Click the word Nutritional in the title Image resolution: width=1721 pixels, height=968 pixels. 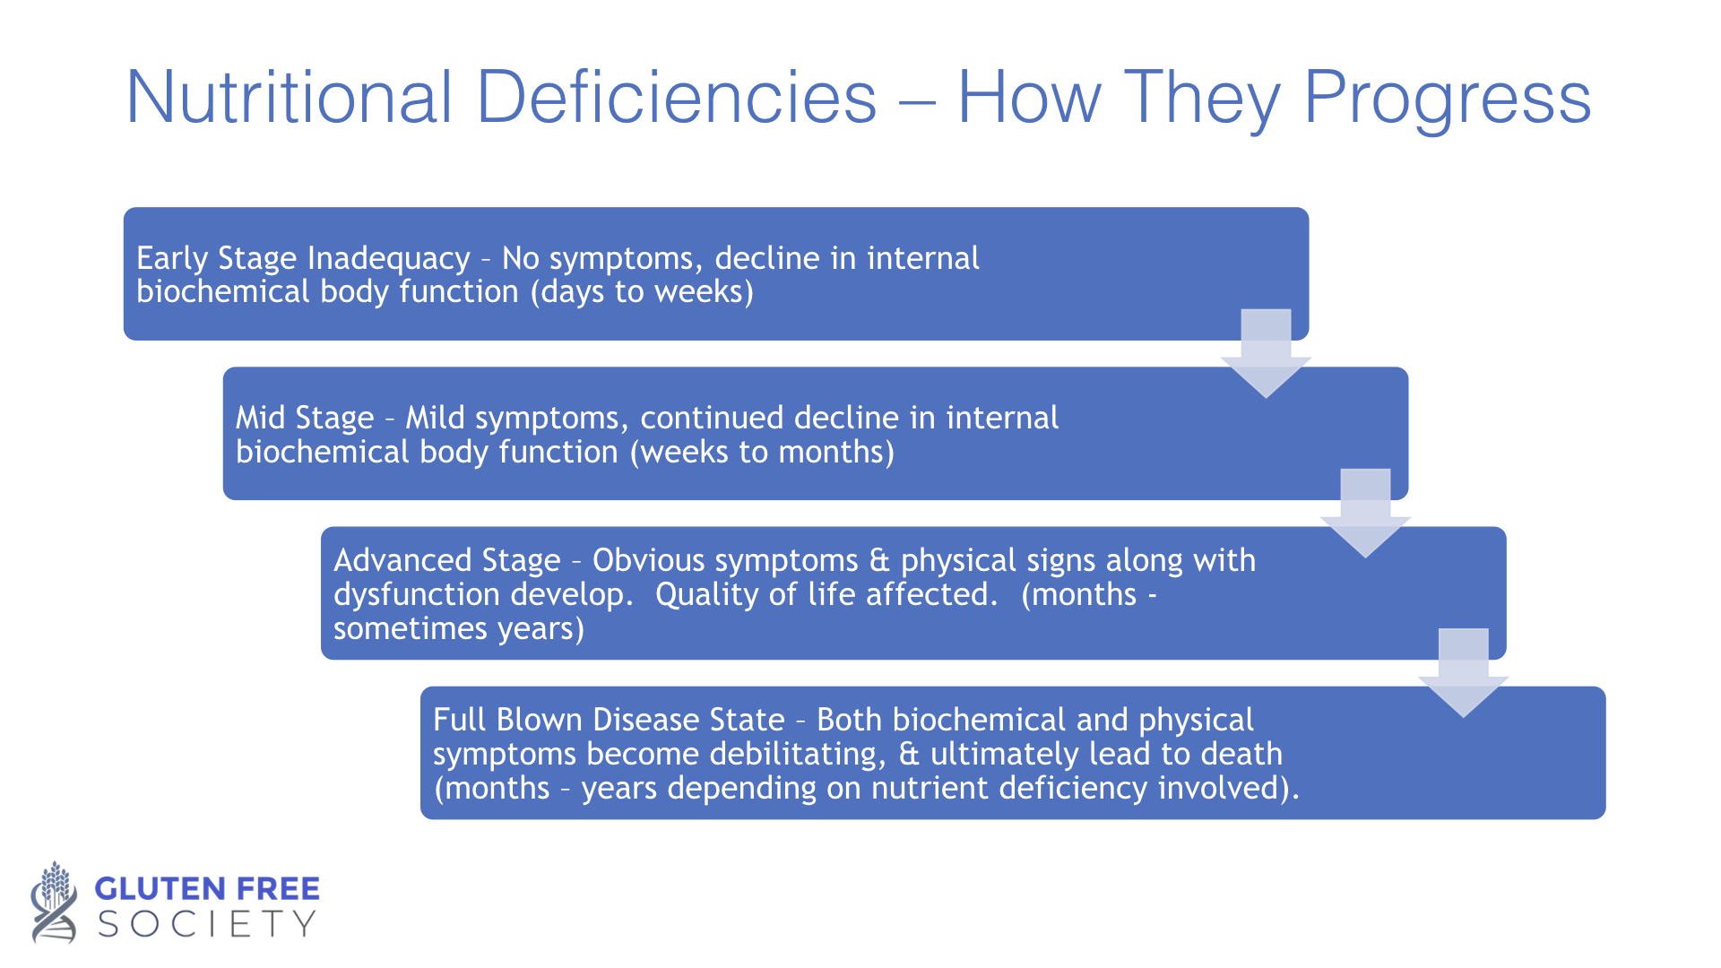[x=290, y=97]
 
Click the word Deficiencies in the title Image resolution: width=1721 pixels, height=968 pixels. [x=677, y=97]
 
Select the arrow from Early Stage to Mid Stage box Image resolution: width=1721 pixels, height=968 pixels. [x=1266, y=353]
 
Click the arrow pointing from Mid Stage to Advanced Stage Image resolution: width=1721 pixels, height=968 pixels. [x=1365, y=513]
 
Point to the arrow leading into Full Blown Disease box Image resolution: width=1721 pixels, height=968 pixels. [x=1464, y=672]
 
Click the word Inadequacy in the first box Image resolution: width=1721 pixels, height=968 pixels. [x=388, y=259]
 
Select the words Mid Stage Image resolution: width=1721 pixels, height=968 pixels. [x=305, y=419]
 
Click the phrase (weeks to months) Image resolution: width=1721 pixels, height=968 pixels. [x=762, y=452]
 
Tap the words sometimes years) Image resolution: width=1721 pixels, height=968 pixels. [x=459, y=628]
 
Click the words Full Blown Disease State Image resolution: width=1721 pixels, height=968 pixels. [x=609, y=720]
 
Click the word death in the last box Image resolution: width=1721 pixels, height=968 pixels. [x=1241, y=754]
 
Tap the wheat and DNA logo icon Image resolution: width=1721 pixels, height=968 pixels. [x=54, y=902]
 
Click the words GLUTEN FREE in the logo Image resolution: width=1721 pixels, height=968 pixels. [x=207, y=889]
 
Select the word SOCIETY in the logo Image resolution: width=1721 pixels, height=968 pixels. [x=207, y=924]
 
